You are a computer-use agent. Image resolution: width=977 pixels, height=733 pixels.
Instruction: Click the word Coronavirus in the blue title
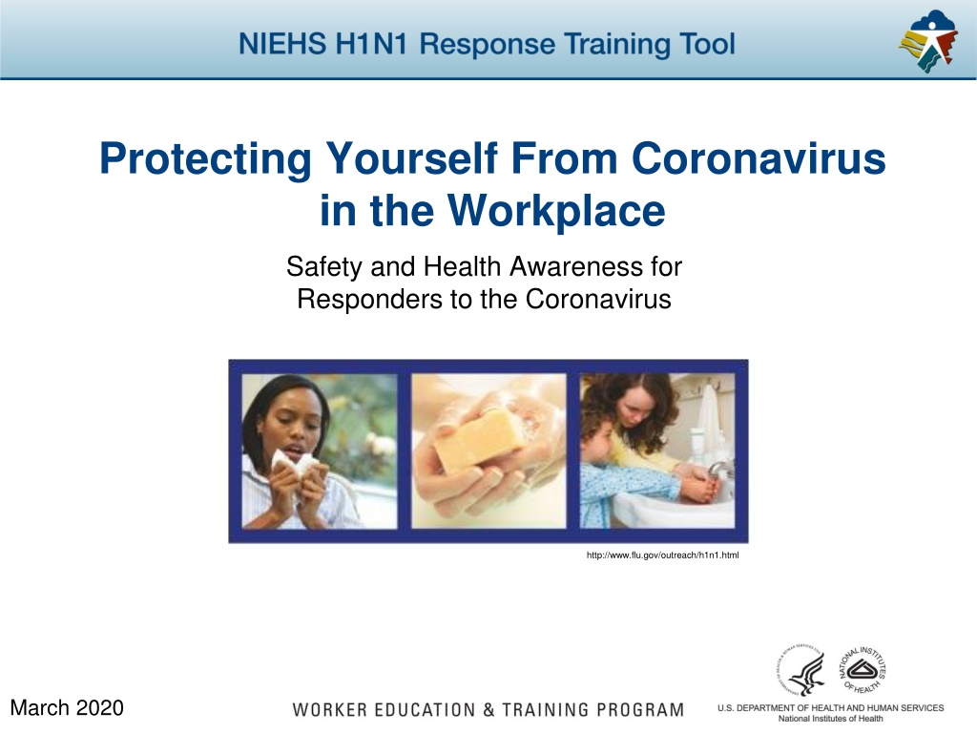click(759, 158)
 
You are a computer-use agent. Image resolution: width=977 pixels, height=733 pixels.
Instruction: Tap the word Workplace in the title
click(556, 211)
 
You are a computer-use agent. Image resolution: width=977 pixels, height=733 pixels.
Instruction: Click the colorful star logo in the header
click(928, 41)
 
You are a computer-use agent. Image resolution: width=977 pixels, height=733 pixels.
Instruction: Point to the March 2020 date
click(67, 708)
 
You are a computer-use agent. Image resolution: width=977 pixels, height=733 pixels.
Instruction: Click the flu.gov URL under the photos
click(662, 555)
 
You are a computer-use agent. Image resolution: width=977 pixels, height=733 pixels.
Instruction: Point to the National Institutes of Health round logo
click(863, 670)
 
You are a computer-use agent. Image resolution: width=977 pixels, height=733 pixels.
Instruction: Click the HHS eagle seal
click(800, 670)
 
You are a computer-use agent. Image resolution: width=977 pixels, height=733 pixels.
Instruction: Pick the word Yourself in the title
click(412, 158)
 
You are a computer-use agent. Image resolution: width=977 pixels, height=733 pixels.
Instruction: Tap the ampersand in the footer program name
click(488, 710)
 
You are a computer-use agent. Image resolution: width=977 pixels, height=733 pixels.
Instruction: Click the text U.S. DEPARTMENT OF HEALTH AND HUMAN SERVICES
click(831, 708)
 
